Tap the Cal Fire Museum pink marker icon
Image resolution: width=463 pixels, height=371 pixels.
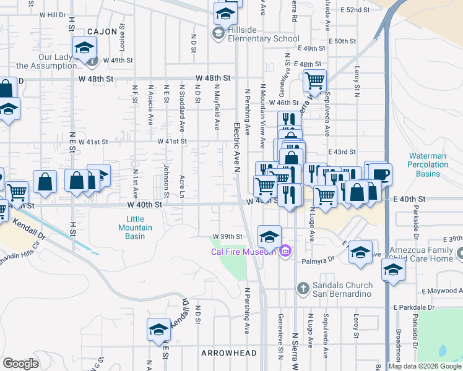pos(285,251)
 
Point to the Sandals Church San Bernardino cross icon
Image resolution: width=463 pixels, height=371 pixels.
pos(303,288)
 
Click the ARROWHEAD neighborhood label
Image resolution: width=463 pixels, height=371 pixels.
pos(228,352)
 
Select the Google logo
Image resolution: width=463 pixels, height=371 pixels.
pos(20,364)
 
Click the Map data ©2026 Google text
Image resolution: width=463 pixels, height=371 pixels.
pos(425,366)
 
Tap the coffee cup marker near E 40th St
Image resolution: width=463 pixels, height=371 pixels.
pos(378,173)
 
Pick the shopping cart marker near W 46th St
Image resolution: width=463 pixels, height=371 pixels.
pos(314,81)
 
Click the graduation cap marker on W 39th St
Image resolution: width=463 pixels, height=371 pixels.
pos(269,236)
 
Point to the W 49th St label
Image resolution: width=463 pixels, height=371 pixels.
pos(118,61)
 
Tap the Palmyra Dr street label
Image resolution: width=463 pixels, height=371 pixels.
pos(318,261)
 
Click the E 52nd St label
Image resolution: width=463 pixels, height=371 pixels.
pos(357,11)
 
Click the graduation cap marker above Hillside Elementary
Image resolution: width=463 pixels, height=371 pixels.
pos(226,13)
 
